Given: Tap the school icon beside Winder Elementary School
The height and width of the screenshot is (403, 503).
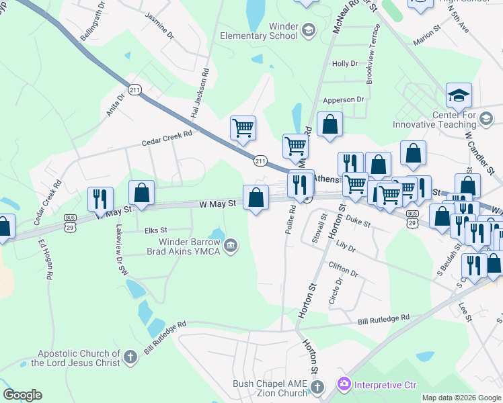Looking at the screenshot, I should [308, 30].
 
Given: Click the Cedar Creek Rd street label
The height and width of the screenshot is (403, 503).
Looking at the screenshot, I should [167, 138].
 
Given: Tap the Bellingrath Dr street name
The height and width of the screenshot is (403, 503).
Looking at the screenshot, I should [93, 21].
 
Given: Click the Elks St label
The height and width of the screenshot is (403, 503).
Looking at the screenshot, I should [155, 230].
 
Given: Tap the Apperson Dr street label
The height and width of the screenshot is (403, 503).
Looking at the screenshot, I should [343, 99].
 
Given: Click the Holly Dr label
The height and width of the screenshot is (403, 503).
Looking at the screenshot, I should [344, 64].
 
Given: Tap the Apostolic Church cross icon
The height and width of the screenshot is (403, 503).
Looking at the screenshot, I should [130, 357].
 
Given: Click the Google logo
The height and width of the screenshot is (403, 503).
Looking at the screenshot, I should [22, 394].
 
